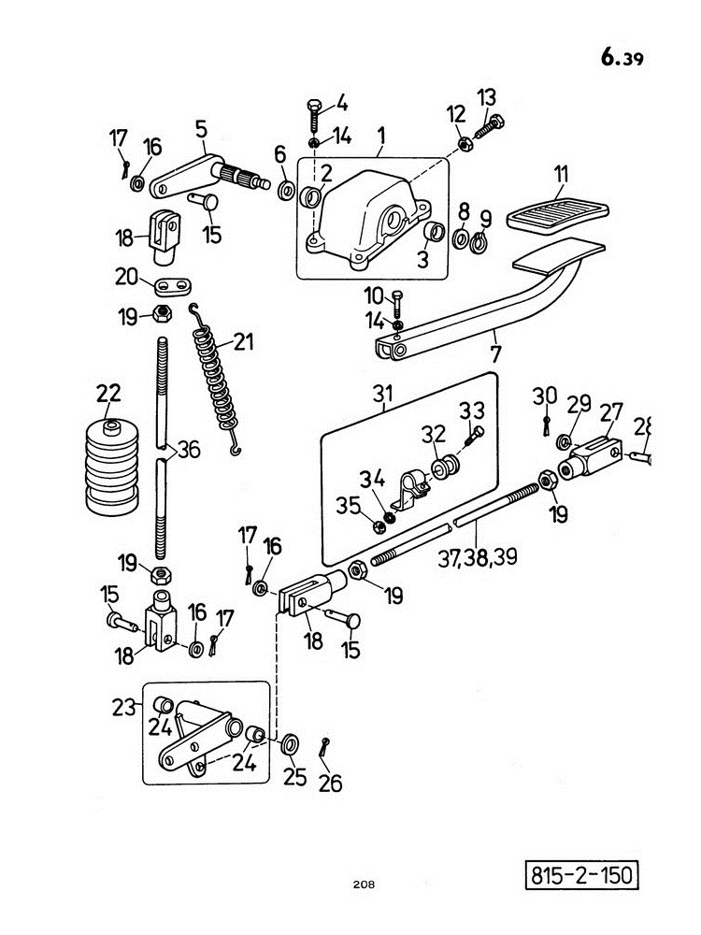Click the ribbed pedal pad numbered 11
coord(557,215)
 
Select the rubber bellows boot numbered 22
coord(112,467)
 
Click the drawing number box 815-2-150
coord(581,875)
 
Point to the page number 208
coord(364,885)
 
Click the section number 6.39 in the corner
coord(622,57)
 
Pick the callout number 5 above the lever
coord(201,129)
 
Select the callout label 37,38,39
coord(478,557)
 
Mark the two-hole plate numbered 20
coord(175,285)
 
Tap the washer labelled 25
coord(291,744)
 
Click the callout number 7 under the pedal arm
coord(495,354)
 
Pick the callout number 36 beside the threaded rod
coord(189,449)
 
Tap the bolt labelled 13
coord(490,126)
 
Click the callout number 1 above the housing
coord(381,136)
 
